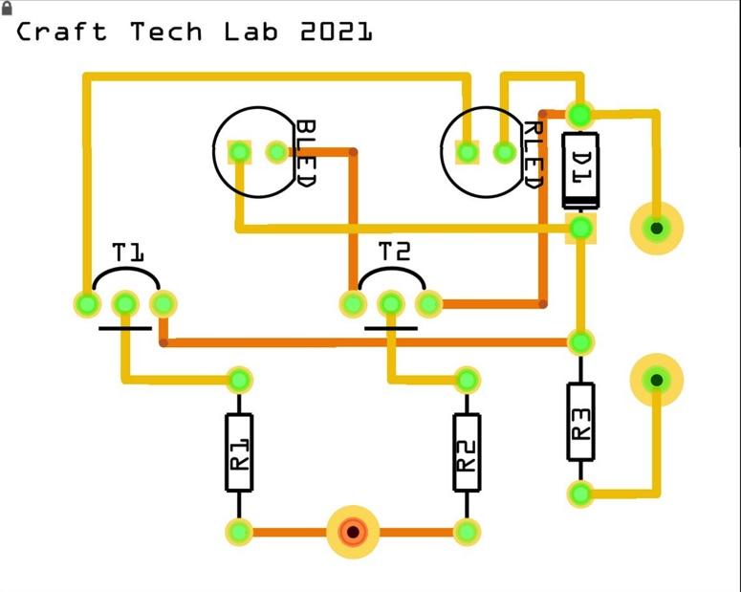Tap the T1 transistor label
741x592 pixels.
pos(128,253)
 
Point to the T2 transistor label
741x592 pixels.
pos(394,252)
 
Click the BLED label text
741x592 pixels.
pos(305,154)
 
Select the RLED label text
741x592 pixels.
pos(533,154)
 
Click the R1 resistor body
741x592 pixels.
pos(239,453)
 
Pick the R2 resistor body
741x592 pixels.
pos(467,453)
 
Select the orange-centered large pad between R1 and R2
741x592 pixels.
pos(354,532)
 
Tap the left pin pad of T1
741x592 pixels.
pos(87,304)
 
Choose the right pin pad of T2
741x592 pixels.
pos(427,304)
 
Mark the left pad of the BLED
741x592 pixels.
pos(239,152)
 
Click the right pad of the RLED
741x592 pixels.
pos(504,152)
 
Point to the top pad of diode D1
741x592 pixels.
pos(579,115)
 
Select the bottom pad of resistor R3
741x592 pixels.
pos(579,494)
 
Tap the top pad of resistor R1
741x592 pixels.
pos(239,381)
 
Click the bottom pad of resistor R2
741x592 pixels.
pos(467,532)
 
